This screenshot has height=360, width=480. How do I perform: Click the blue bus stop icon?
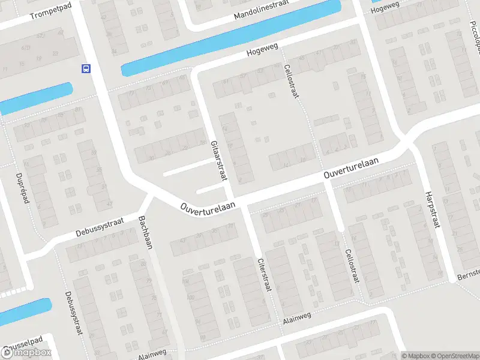pyautogui.click(x=86, y=68)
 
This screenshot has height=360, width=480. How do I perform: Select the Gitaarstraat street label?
pyautogui.click(x=218, y=161)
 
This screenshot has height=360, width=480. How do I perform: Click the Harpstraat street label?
pyautogui.click(x=432, y=209)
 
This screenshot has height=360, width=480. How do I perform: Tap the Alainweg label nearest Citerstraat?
pyautogui.click(x=298, y=322)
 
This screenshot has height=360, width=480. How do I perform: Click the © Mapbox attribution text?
pyautogui.click(x=416, y=355)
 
